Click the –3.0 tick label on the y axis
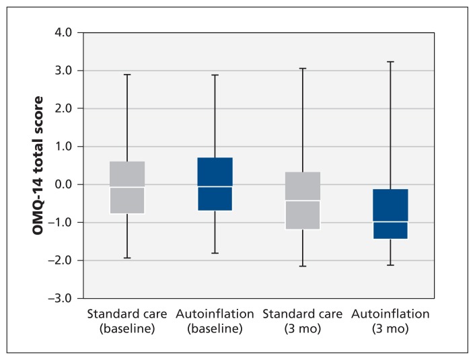(x=60, y=298)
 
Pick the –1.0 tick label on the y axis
(x=60, y=222)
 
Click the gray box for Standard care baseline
(x=127, y=187)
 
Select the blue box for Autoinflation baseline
(x=215, y=184)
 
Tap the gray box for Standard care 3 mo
(x=303, y=201)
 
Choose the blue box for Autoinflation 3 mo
(x=390, y=214)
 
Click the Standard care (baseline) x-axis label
(x=127, y=321)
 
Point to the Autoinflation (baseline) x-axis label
(x=215, y=321)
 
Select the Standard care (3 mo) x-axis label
(x=303, y=321)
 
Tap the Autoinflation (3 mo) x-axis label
(x=390, y=321)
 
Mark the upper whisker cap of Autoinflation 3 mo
(x=390, y=62)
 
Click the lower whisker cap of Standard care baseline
(x=127, y=258)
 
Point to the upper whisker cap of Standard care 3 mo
(x=303, y=69)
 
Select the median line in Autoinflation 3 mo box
(x=390, y=221)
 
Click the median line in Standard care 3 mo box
(x=303, y=201)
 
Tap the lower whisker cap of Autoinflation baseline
(x=215, y=253)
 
